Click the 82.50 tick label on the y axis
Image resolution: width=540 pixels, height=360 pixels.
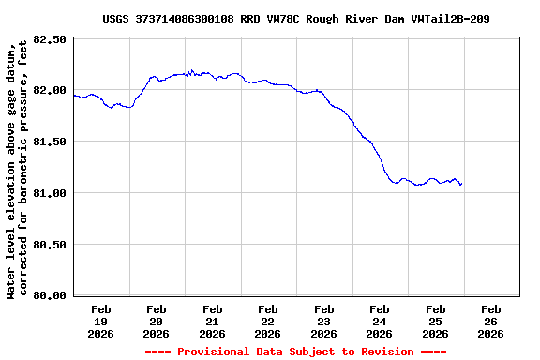(x=51, y=39)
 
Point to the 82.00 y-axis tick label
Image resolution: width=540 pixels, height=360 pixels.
(x=51, y=90)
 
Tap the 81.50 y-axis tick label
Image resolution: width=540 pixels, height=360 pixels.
(x=51, y=142)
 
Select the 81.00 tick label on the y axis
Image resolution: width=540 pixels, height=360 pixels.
(x=51, y=193)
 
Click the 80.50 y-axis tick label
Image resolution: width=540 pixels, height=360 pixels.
(x=51, y=244)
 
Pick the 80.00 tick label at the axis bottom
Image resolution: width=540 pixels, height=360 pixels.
(x=51, y=295)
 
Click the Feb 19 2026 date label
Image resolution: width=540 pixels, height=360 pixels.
(x=100, y=321)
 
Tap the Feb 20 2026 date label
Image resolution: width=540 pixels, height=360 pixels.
(x=157, y=321)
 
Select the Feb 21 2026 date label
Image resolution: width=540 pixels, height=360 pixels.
(x=212, y=321)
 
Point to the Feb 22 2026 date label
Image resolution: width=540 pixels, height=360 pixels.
(x=268, y=321)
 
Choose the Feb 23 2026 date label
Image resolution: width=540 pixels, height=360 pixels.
(x=323, y=321)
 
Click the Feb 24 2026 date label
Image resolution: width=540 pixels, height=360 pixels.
(x=380, y=321)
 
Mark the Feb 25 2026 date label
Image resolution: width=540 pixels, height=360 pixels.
(x=435, y=321)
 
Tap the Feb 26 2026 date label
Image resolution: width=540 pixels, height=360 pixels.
(x=491, y=321)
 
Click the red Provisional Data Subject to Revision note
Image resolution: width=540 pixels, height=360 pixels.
(x=296, y=352)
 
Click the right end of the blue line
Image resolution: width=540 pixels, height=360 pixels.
(x=461, y=184)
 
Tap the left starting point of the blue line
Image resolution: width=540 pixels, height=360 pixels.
(x=73, y=95)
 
